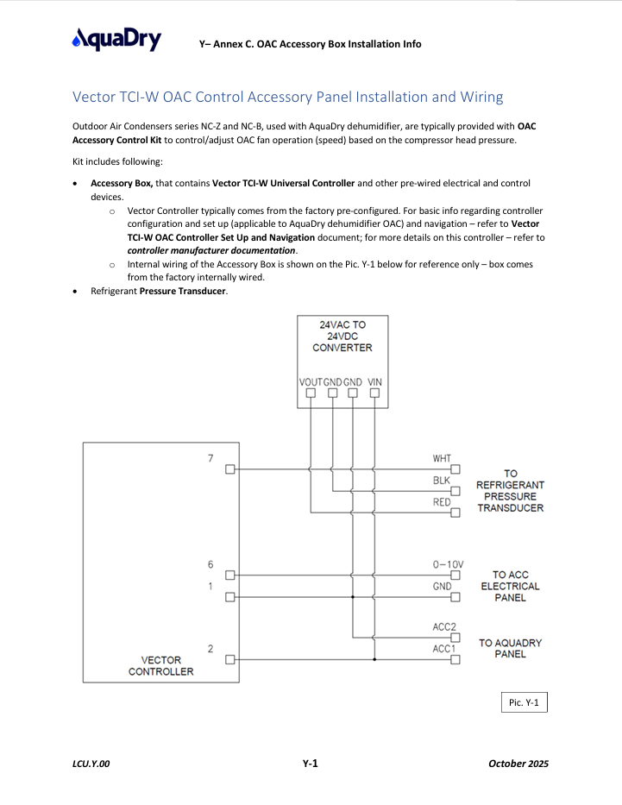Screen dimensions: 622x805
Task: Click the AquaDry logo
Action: pyautogui.click(x=116, y=39)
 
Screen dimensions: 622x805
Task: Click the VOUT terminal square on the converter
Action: pyautogui.click(x=311, y=393)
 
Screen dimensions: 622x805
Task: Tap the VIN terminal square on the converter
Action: pyautogui.click(x=374, y=393)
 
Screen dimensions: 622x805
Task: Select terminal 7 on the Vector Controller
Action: pyautogui.click(x=230, y=469)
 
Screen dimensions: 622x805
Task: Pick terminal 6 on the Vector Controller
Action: pyautogui.click(x=230, y=575)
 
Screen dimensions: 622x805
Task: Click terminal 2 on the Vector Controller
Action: pyautogui.click(x=230, y=659)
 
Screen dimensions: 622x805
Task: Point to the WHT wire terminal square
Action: pyautogui.click(x=456, y=469)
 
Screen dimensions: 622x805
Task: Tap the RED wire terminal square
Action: pyautogui.click(x=456, y=513)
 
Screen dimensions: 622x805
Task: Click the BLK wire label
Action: pyautogui.click(x=442, y=481)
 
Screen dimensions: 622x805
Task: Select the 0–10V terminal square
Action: pyautogui.click(x=456, y=575)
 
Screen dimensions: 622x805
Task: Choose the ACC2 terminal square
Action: pyautogui.click(x=456, y=638)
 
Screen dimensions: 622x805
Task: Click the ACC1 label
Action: pyautogui.click(x=444, y=649)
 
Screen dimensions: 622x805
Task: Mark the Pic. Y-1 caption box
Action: pyautogui.click(x=524, y=702)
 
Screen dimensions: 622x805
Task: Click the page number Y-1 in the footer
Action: pyautogui.click(x=310, y=764)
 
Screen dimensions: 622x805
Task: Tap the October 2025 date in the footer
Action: pyautogui.click(x=518, y=764)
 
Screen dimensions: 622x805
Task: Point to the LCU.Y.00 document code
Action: pyautogui.click(x=91, y=764)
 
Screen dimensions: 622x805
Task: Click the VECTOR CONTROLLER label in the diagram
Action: pyautogui.click(x=161, y=666)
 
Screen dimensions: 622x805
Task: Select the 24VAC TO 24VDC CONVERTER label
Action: pyautogui.click(x=342, y=336)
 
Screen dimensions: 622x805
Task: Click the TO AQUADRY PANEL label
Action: pyautogui.click(x=510, y=649)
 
